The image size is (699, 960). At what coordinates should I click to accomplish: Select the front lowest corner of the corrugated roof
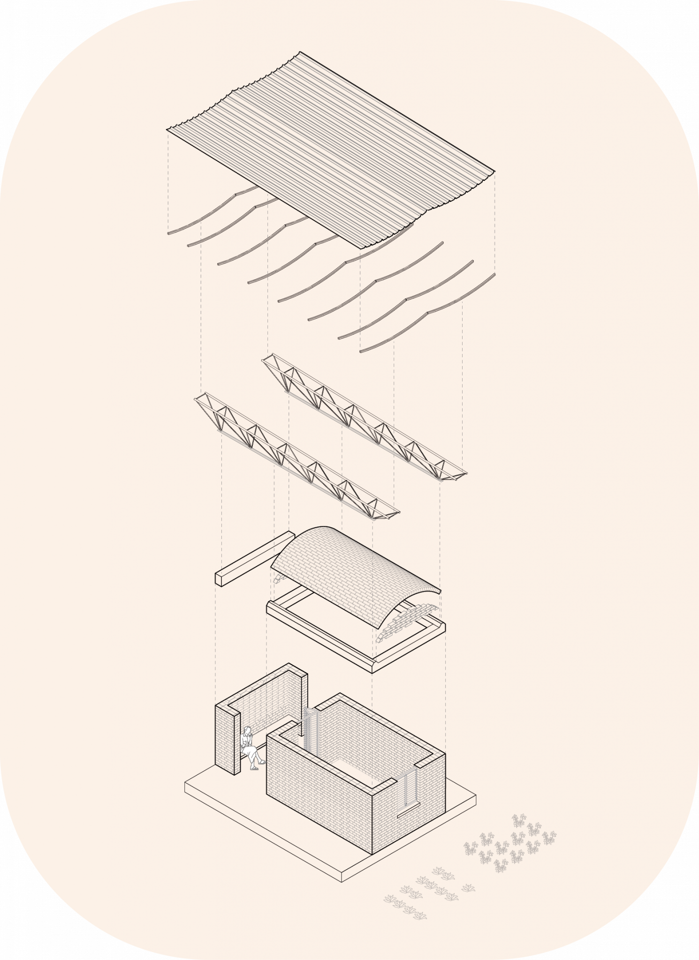coord(361,247)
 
